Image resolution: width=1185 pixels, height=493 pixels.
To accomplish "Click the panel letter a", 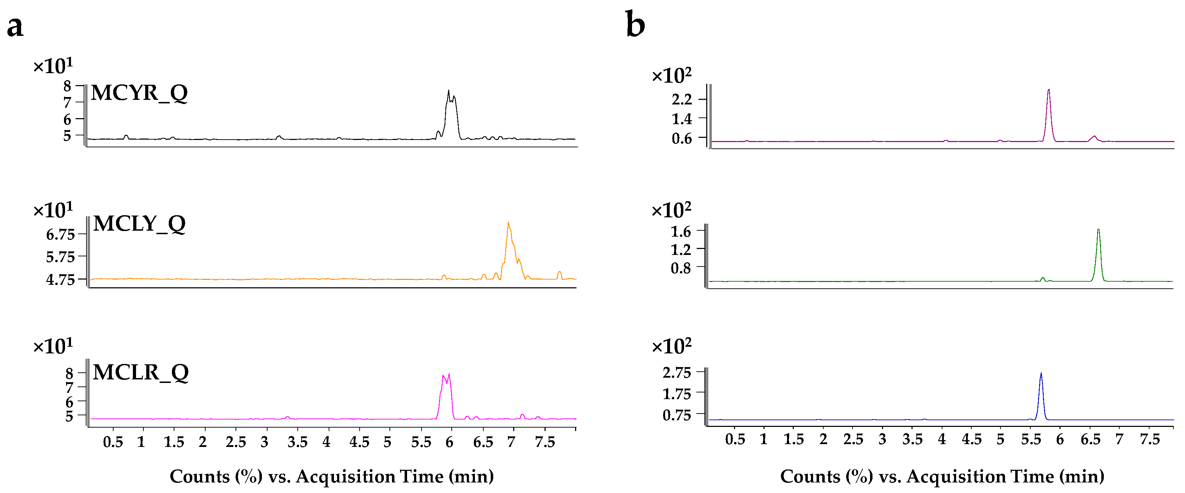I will [15, 27].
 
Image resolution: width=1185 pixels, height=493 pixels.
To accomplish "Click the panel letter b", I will [635, 25].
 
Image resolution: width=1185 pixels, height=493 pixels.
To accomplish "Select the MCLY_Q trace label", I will [139, 224].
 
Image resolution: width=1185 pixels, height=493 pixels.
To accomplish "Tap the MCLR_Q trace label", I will [140, 372].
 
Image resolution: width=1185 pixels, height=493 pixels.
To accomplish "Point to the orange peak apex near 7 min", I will [508, 223].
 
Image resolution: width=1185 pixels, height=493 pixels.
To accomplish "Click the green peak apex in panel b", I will [1098, 230].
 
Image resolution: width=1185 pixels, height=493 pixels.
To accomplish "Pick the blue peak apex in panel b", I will [1041, 374].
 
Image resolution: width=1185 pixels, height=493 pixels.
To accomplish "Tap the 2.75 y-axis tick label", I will [677, 372].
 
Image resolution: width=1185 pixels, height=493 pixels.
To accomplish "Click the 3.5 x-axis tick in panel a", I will [297, 442].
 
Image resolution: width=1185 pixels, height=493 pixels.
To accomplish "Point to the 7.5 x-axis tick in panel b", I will [1149, 439].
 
